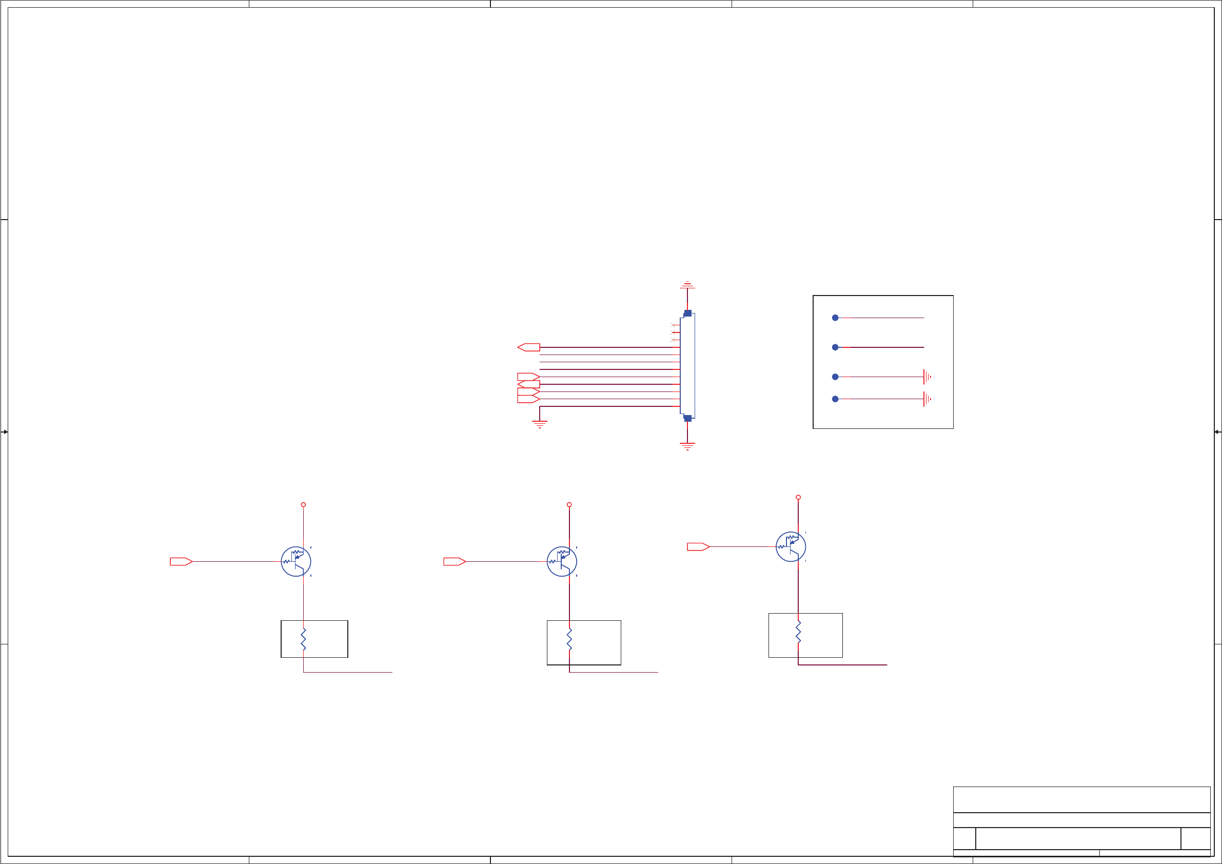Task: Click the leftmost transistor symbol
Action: [x=296, y=562]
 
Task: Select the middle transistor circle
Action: [x=562, y=562]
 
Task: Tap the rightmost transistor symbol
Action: [x=791, y=547]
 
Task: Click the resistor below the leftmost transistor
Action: [x=303, y=639]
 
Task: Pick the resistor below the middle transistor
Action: [x=569, y=639]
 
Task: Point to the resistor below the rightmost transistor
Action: [x=798, y=632]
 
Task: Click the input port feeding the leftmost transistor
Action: [x=181, y=562]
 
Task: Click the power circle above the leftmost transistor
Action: [x=303, y=505]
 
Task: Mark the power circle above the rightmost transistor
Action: [x=798, y=497]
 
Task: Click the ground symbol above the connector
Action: [x=687, y=285]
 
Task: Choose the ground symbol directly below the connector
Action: [x=687, y=446]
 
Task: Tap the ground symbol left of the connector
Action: [x=540, y=424]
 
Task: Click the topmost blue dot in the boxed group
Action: [x=835, y=318]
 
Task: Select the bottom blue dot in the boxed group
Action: [x=835, y=399]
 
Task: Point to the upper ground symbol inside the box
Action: [x=927, y=377]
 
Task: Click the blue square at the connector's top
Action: [x=687, y=313]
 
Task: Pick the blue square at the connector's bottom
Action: [x=687, y=419]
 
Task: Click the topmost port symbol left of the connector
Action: [x=528, y=348]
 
